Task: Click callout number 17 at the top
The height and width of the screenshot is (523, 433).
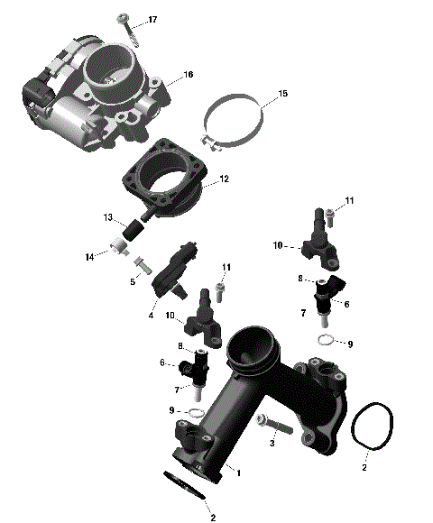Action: pyautogui.click(x=152, y=20)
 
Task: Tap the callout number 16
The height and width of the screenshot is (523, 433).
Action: pyautogui.click(x=188, y=75)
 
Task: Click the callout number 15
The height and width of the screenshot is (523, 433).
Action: pyautogui.click(x=282, y=94)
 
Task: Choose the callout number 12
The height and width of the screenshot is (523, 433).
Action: pyautogui.click(x=224, y=179)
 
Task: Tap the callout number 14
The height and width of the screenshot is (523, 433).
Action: pyautogui.click(x=89, y=258)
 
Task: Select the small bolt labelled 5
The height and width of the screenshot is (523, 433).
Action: pyautogui.click(x=142, y=264)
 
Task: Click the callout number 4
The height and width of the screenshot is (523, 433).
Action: pyautogui.click(x=152, y=315)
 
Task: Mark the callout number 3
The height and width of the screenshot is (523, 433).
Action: pyautogui.click(x=270, y=444)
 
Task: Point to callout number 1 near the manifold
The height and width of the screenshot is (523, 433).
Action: pyautogui.click(x=239, y=470)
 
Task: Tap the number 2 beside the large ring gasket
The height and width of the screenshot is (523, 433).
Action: pyautogui.click(x=364, y=468)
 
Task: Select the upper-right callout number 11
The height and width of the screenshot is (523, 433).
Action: pyautogui.click(x=350, y=200)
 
